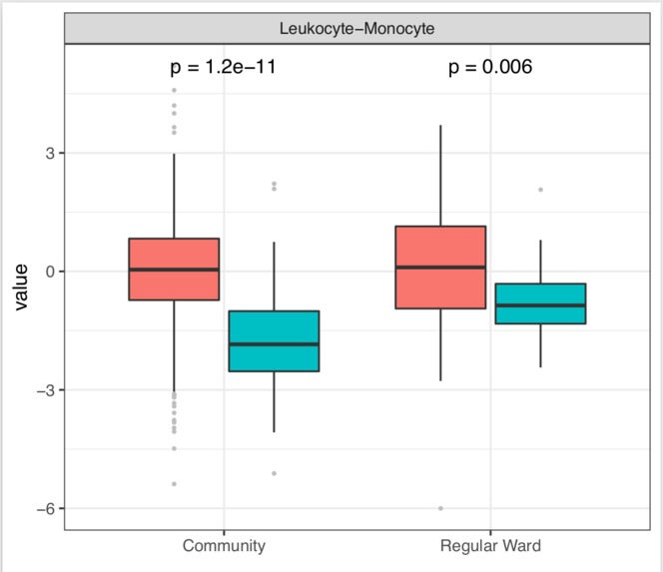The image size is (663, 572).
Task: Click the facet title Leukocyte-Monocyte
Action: (x=356, y=29)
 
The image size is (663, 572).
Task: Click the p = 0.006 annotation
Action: (x=489, y=68)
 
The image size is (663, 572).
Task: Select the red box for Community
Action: (x=174, y=269)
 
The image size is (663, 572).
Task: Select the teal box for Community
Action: (x=274, y=341)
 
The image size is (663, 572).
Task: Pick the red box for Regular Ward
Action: (x=440, y=267)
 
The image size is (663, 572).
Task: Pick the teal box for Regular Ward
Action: (x=540, y=303)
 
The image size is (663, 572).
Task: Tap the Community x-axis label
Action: (x=224, y=546)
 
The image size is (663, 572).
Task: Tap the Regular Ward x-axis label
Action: (x=490, y=546)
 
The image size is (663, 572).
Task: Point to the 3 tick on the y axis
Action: (x=47, y=153)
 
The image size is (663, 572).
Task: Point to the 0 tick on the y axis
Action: (x=47, y=272)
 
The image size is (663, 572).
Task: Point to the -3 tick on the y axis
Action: (x=42, y=390)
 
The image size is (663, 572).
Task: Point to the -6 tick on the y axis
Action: (x=42, y=509)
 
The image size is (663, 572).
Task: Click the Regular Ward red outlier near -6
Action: (x=440, y=508)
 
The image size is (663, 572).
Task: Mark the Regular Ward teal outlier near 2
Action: (x=540, y=190)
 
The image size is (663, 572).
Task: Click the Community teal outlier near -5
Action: (x=274, y=473)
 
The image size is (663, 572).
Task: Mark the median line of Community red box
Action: (x=174, y=270)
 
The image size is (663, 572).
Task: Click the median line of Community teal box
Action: (x=274, y=344)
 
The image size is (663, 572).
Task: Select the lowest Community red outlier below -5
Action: (x=174, y=484)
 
